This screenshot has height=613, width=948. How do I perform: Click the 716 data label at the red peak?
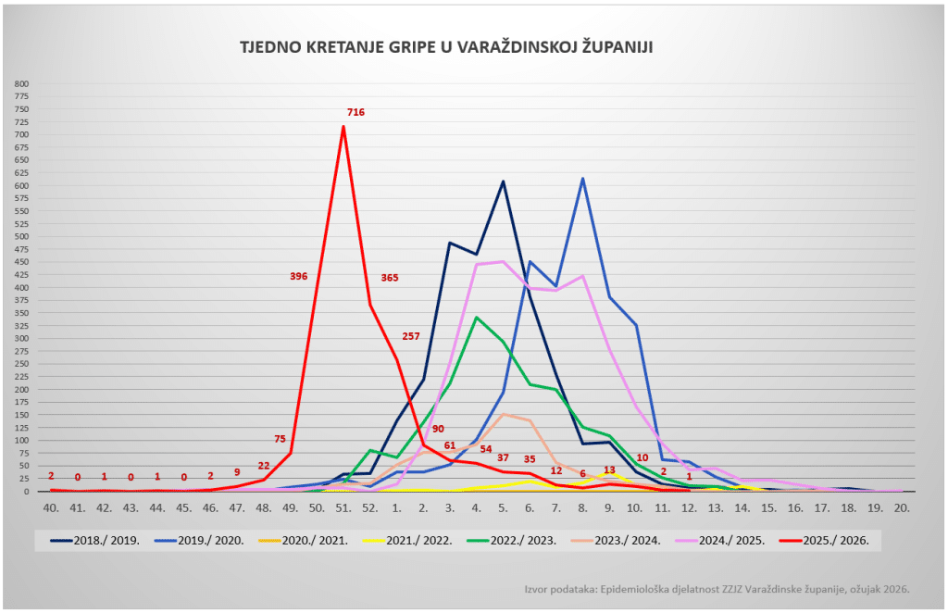355,112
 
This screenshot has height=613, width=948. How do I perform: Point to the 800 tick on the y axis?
22,83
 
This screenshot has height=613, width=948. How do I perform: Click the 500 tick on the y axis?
22,236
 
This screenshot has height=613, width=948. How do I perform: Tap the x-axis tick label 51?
343,508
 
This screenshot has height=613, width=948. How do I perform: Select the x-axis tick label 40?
51,508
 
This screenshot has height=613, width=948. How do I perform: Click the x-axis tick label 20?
902,508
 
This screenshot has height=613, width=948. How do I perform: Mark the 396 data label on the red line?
298,276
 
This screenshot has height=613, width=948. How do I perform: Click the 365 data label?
390,277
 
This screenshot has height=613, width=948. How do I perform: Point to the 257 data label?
412,335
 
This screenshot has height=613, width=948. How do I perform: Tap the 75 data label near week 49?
280,439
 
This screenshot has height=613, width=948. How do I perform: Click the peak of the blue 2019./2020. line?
582,179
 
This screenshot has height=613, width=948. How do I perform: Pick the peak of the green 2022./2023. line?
477,318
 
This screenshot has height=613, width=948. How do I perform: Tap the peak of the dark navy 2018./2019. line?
503,181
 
